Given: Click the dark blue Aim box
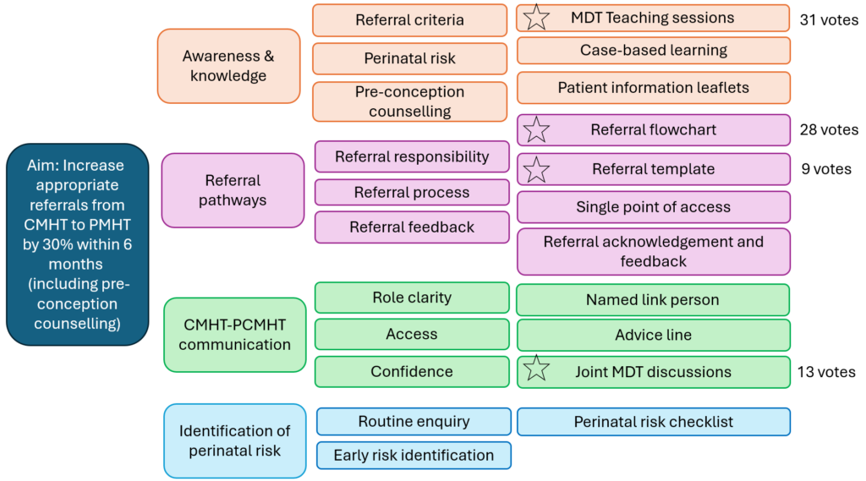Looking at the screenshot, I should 77,244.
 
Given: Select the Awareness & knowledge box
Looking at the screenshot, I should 228,66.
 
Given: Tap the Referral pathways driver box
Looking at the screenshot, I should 233,190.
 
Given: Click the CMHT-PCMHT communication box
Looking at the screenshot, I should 234,334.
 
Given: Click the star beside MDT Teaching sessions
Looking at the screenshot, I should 536,18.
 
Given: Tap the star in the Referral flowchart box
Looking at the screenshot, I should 536,130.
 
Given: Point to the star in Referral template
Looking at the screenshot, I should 536,170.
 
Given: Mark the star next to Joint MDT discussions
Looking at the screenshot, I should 536,369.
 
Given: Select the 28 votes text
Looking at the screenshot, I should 829,130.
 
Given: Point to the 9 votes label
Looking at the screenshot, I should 826,169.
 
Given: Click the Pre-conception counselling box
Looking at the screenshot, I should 410,101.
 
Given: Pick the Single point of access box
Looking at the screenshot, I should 653,207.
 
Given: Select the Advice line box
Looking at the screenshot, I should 653,335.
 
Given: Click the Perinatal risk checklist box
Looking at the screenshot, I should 653,422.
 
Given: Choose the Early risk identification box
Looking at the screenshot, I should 414,455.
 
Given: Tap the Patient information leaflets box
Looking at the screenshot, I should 653,88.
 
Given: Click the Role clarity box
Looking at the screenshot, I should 412,298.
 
